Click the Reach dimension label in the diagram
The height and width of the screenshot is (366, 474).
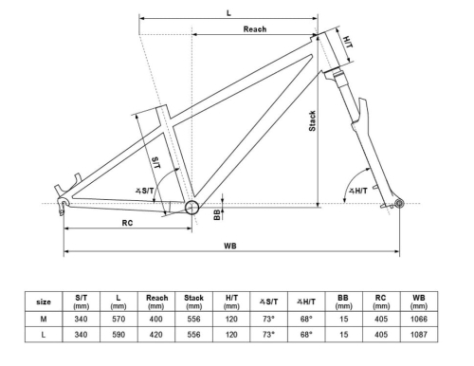coord(255,29)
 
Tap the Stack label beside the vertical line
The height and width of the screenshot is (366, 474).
coord(312,121)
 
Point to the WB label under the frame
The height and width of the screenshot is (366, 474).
coord(230,246)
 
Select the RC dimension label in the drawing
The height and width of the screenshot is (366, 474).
coord(127,223)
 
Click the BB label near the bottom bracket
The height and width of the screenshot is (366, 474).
coord(217,215)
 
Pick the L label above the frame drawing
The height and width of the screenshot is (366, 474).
coord(228,13)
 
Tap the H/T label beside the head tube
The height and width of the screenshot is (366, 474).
coord(348,42)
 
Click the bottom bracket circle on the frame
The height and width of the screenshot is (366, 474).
coord(191,208)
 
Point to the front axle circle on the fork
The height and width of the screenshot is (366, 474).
coord(399,203)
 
